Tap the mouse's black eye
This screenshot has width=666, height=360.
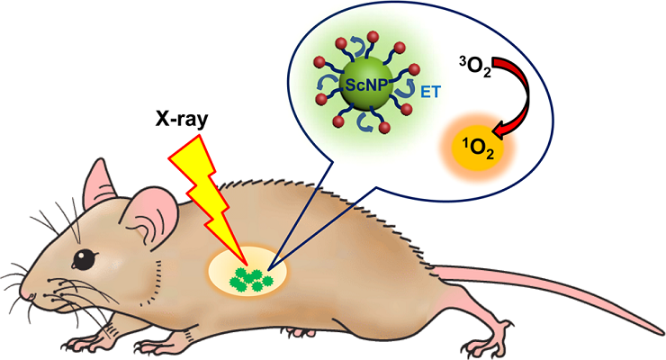click(x=84, y=258)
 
